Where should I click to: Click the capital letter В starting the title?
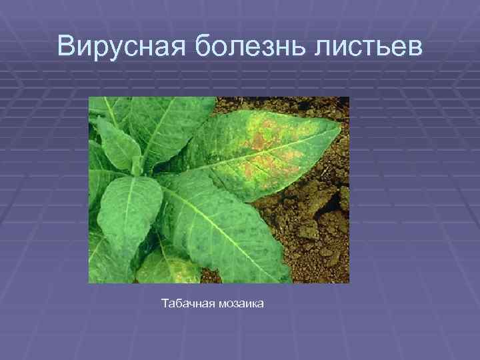[x=67, y=46]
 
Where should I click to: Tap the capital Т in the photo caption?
[x=165, y=304]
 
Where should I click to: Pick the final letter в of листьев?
[x=415, y=49]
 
